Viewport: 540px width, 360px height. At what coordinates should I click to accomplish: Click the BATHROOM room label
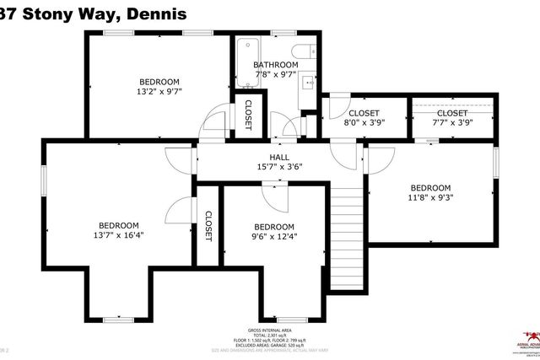tap(276, 65)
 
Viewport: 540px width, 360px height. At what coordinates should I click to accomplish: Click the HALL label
tap(279, 157)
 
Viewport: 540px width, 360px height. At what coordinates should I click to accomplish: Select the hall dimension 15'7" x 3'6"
tap(279, 167)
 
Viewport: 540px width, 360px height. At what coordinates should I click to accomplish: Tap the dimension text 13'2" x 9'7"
tap(159, 92)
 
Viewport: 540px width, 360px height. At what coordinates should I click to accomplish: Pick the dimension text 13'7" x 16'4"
tap(118, 235)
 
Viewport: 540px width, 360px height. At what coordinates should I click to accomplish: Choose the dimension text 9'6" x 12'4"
tap(274, 237)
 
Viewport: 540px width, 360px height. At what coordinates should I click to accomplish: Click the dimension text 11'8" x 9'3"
tap(430, 198)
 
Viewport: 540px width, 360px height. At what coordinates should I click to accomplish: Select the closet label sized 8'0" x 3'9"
tap(364, 123)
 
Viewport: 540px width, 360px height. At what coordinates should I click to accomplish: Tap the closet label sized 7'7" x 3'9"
tap(452, 123)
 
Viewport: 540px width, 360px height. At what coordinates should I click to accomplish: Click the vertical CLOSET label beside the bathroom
tap(248, 115)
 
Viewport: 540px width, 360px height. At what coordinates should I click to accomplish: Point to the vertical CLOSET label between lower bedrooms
tap(208, 225)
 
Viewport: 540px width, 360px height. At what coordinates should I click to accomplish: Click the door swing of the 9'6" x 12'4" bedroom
tap(274, 196)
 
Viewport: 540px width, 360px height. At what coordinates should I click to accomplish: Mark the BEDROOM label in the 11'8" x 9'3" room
tap(430, 188)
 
